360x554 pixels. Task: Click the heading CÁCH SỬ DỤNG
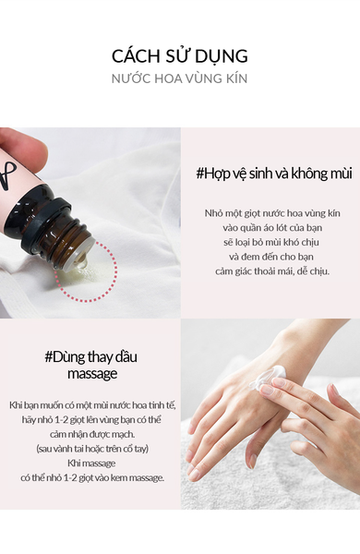[180, 56]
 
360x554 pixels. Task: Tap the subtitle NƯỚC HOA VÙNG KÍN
[179, 78]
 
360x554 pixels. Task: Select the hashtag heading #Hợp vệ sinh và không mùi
[274, 174]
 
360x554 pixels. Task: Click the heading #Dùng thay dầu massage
[91, 366]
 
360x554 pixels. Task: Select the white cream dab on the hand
[267, 377]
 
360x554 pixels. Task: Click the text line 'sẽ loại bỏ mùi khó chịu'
[271, 242]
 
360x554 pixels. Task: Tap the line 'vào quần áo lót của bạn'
[272, 228]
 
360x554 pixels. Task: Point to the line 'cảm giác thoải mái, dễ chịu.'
[272, 271]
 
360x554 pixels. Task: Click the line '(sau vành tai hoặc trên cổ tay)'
[92, 449]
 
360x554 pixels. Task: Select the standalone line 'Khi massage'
[91, 464]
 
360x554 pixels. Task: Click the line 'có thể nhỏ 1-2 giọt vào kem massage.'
[92, 477]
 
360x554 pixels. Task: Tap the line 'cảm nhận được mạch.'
[92, 434]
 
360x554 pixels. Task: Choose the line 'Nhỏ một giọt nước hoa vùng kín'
[272, 213]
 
